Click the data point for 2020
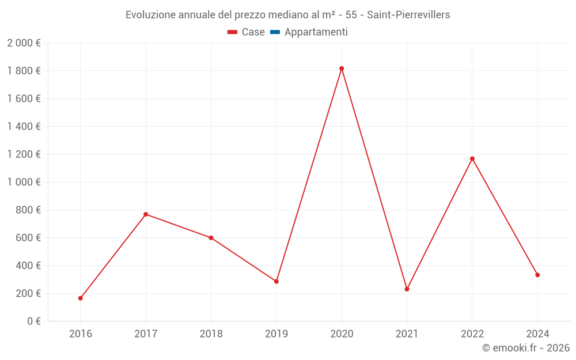tap(342, 69)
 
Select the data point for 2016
tap(81, 298)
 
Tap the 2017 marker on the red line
tap(146, 214)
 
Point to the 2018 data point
tap(211, 238)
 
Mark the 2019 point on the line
tap(276, 282)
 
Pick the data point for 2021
tap(407, 289)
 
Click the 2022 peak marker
tap(472, 158)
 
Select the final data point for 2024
tap(537, 275)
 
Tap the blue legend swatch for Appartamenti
tap(275, 32)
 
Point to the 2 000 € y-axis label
tap(24, 43)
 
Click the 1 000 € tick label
tap(24, 182)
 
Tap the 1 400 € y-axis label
tap(24, 127)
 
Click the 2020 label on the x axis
tap(342, 334)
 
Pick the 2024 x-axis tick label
tap(537, 334)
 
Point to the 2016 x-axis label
tap(81, 334)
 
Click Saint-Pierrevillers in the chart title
tap(408, 15)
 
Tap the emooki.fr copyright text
tap(526, 348)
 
